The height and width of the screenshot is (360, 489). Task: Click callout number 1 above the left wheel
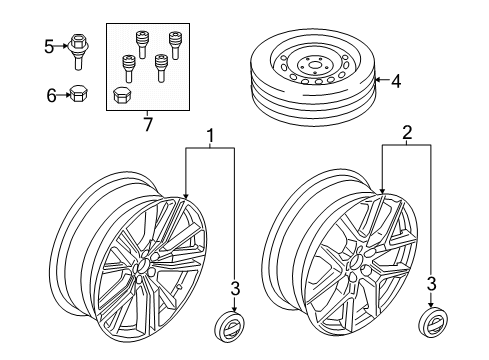[x=210, y=135]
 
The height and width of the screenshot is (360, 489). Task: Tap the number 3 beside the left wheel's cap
[x=236, y=289]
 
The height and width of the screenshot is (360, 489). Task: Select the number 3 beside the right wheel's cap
[x=431, y=283]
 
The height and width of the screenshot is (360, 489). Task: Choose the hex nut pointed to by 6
[x=79, y=94]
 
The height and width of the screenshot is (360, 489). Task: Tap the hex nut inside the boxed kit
[x=122, y=95]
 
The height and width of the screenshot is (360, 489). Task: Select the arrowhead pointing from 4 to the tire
[x=373, y=77]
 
